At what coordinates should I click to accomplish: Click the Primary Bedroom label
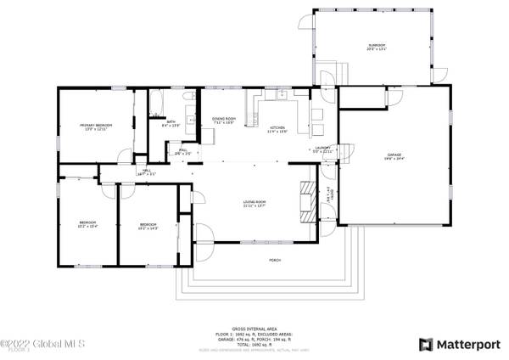(x=96, y=127)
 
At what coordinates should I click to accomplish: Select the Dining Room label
(x=224, y=121)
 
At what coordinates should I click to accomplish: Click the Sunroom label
(x=377, y=47)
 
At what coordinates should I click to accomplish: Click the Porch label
(x=274, y=259)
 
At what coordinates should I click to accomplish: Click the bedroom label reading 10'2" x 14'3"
(x=148, y=227)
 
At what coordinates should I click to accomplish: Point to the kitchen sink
(x=276, y=97)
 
